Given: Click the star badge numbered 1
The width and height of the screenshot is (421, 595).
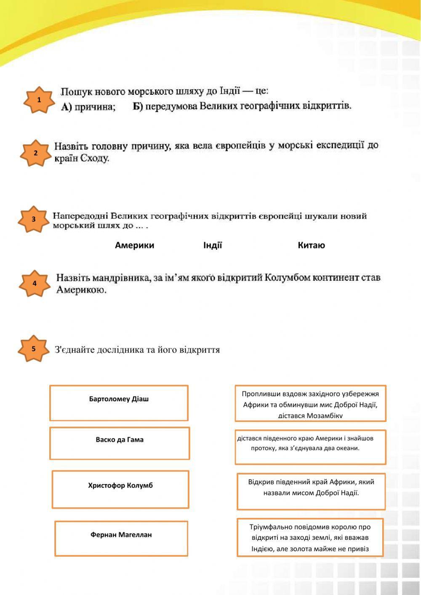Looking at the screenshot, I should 39,100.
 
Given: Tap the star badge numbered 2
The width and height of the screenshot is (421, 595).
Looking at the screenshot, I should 35,153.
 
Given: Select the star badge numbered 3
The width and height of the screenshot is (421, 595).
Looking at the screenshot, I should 33,219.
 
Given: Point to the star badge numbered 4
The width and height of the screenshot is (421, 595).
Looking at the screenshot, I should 35,284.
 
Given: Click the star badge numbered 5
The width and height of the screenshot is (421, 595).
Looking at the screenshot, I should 33,349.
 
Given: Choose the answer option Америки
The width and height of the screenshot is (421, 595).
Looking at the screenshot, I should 134,245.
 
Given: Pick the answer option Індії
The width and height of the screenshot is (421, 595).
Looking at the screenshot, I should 213,245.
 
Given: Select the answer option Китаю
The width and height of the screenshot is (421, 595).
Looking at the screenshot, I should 311,245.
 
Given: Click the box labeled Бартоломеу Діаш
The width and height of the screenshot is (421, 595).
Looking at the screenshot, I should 119,403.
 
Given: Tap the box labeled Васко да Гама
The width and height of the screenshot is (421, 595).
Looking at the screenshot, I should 120,443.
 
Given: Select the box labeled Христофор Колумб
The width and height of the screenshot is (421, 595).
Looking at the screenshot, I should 120,489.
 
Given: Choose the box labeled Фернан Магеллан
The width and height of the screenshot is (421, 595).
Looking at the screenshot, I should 121,538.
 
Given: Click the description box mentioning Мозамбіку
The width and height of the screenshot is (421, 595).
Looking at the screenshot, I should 310,403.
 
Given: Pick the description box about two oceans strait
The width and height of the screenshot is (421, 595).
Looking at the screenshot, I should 310,447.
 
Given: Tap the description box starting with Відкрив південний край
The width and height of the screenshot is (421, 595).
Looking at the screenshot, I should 311,491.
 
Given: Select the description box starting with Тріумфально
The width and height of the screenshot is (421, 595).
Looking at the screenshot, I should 310,537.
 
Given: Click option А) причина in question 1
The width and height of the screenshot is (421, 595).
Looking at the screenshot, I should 88,107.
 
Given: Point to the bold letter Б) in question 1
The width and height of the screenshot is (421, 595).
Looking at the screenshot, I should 138,106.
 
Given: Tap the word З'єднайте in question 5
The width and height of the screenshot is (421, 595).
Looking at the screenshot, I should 75,350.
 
